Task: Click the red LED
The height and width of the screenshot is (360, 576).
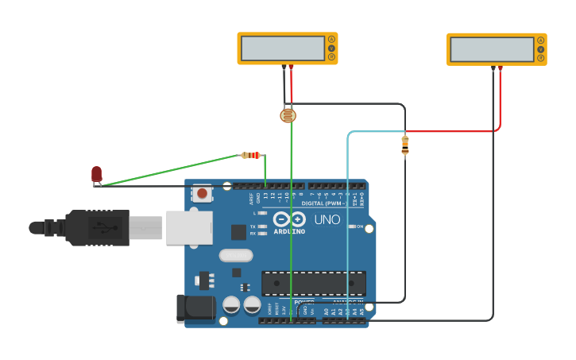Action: coord(96,174)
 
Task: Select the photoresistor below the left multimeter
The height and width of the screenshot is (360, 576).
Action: coord(288,116)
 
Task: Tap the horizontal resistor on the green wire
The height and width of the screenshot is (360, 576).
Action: coord(252,155)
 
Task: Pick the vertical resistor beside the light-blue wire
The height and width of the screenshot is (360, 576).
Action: coord(405,145)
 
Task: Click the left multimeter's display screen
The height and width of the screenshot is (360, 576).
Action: coord(281,48)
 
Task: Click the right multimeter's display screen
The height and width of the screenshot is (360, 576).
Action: coord(491,49)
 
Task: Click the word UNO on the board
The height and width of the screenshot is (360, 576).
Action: coord(327,220)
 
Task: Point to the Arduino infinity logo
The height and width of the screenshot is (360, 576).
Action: coord(289,219)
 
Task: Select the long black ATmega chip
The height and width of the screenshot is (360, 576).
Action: coord(314,283)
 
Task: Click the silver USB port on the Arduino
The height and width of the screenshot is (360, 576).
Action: coord(189,227)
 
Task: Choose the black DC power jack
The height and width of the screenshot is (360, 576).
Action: coord(194,308)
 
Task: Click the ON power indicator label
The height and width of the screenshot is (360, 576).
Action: coord(359,226)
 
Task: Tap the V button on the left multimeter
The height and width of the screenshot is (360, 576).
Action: coord(331,48)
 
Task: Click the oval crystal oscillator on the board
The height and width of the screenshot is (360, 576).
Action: coord(236,256)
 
